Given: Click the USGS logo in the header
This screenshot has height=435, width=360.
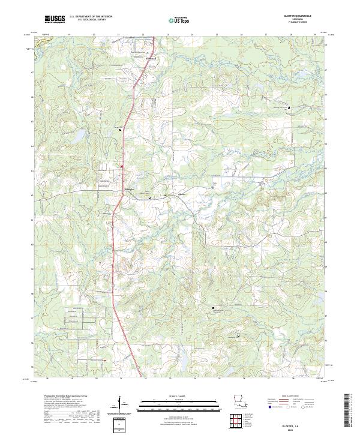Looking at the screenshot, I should tap(55, 20).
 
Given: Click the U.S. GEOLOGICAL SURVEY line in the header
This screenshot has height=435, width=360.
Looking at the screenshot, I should tap(91, 20).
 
